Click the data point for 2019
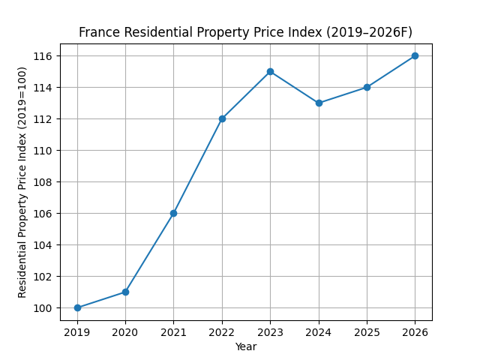pyautogui.click(x=77, y=307)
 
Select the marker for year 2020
pyautogui.click(x=125, y=292)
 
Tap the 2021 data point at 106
pyautogui.click(x=173, y=213)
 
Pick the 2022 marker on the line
pyautogui.click(x=222, y=118)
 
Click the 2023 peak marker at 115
pyautogui.click(x=270, y=71)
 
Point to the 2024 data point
pyautogui.click(x=319, y=103)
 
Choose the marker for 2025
pyautogui.click(x=367, y=87)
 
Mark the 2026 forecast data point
pyautogui.click(x=415, y=55)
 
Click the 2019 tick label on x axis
pyautogui.click(x=77, y=331)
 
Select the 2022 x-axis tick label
pyautogui.click(x=222, y=331)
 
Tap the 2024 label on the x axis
pyautogui.click(x=319, y=331)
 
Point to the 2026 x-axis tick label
pyautogui.click(x=415, y=331)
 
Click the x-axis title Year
pyautogui.click(x=246, y=346)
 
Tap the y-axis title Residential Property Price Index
pyautogui.click(x=22, y=181)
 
